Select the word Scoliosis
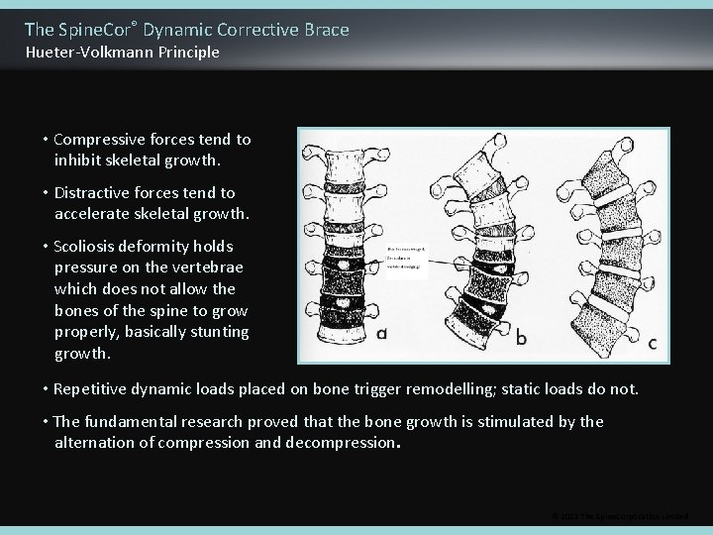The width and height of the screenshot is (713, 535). (91, 247)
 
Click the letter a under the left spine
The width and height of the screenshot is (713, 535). (381, 333)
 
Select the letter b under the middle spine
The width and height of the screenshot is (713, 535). (522, 337)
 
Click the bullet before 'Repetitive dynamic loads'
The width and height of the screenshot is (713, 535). (47, 389)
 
